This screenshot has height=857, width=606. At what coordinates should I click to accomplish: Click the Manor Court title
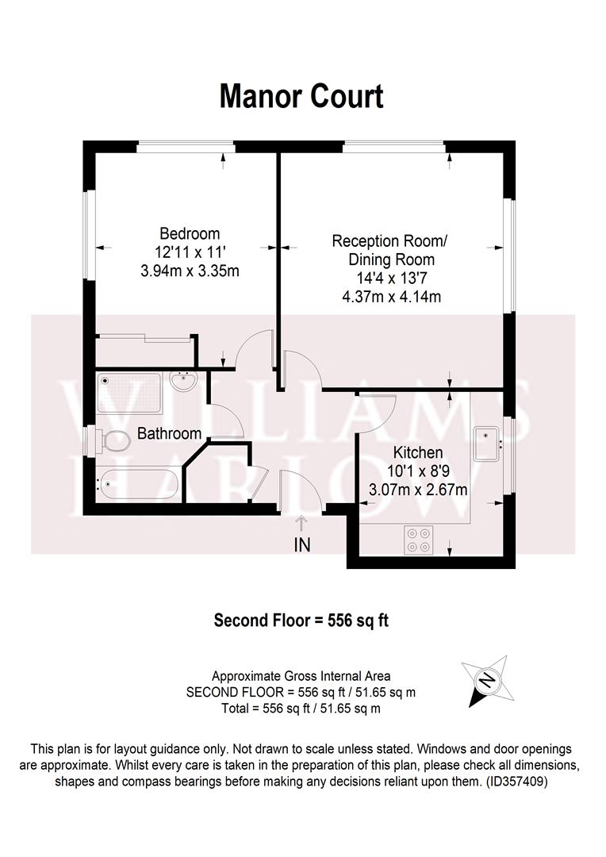tap(301, 96)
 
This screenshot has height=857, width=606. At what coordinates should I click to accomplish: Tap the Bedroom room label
tap(190, 233)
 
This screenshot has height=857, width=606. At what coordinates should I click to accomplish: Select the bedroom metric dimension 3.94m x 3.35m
tap(190, 271)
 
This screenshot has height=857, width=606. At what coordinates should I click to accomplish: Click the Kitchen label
tap(418, 453)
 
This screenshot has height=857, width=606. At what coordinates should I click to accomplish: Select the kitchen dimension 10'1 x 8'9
tap(418, 471)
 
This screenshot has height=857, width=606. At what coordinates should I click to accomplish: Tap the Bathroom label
tap(169, 433)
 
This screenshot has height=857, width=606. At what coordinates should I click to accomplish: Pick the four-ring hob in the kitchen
tap(419, 540)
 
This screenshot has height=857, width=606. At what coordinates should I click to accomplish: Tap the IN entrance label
tap(301, 544)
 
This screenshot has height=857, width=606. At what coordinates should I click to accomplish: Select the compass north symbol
tap(486, 680)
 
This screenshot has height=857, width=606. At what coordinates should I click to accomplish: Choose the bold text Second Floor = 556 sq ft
tap(301, 620)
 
